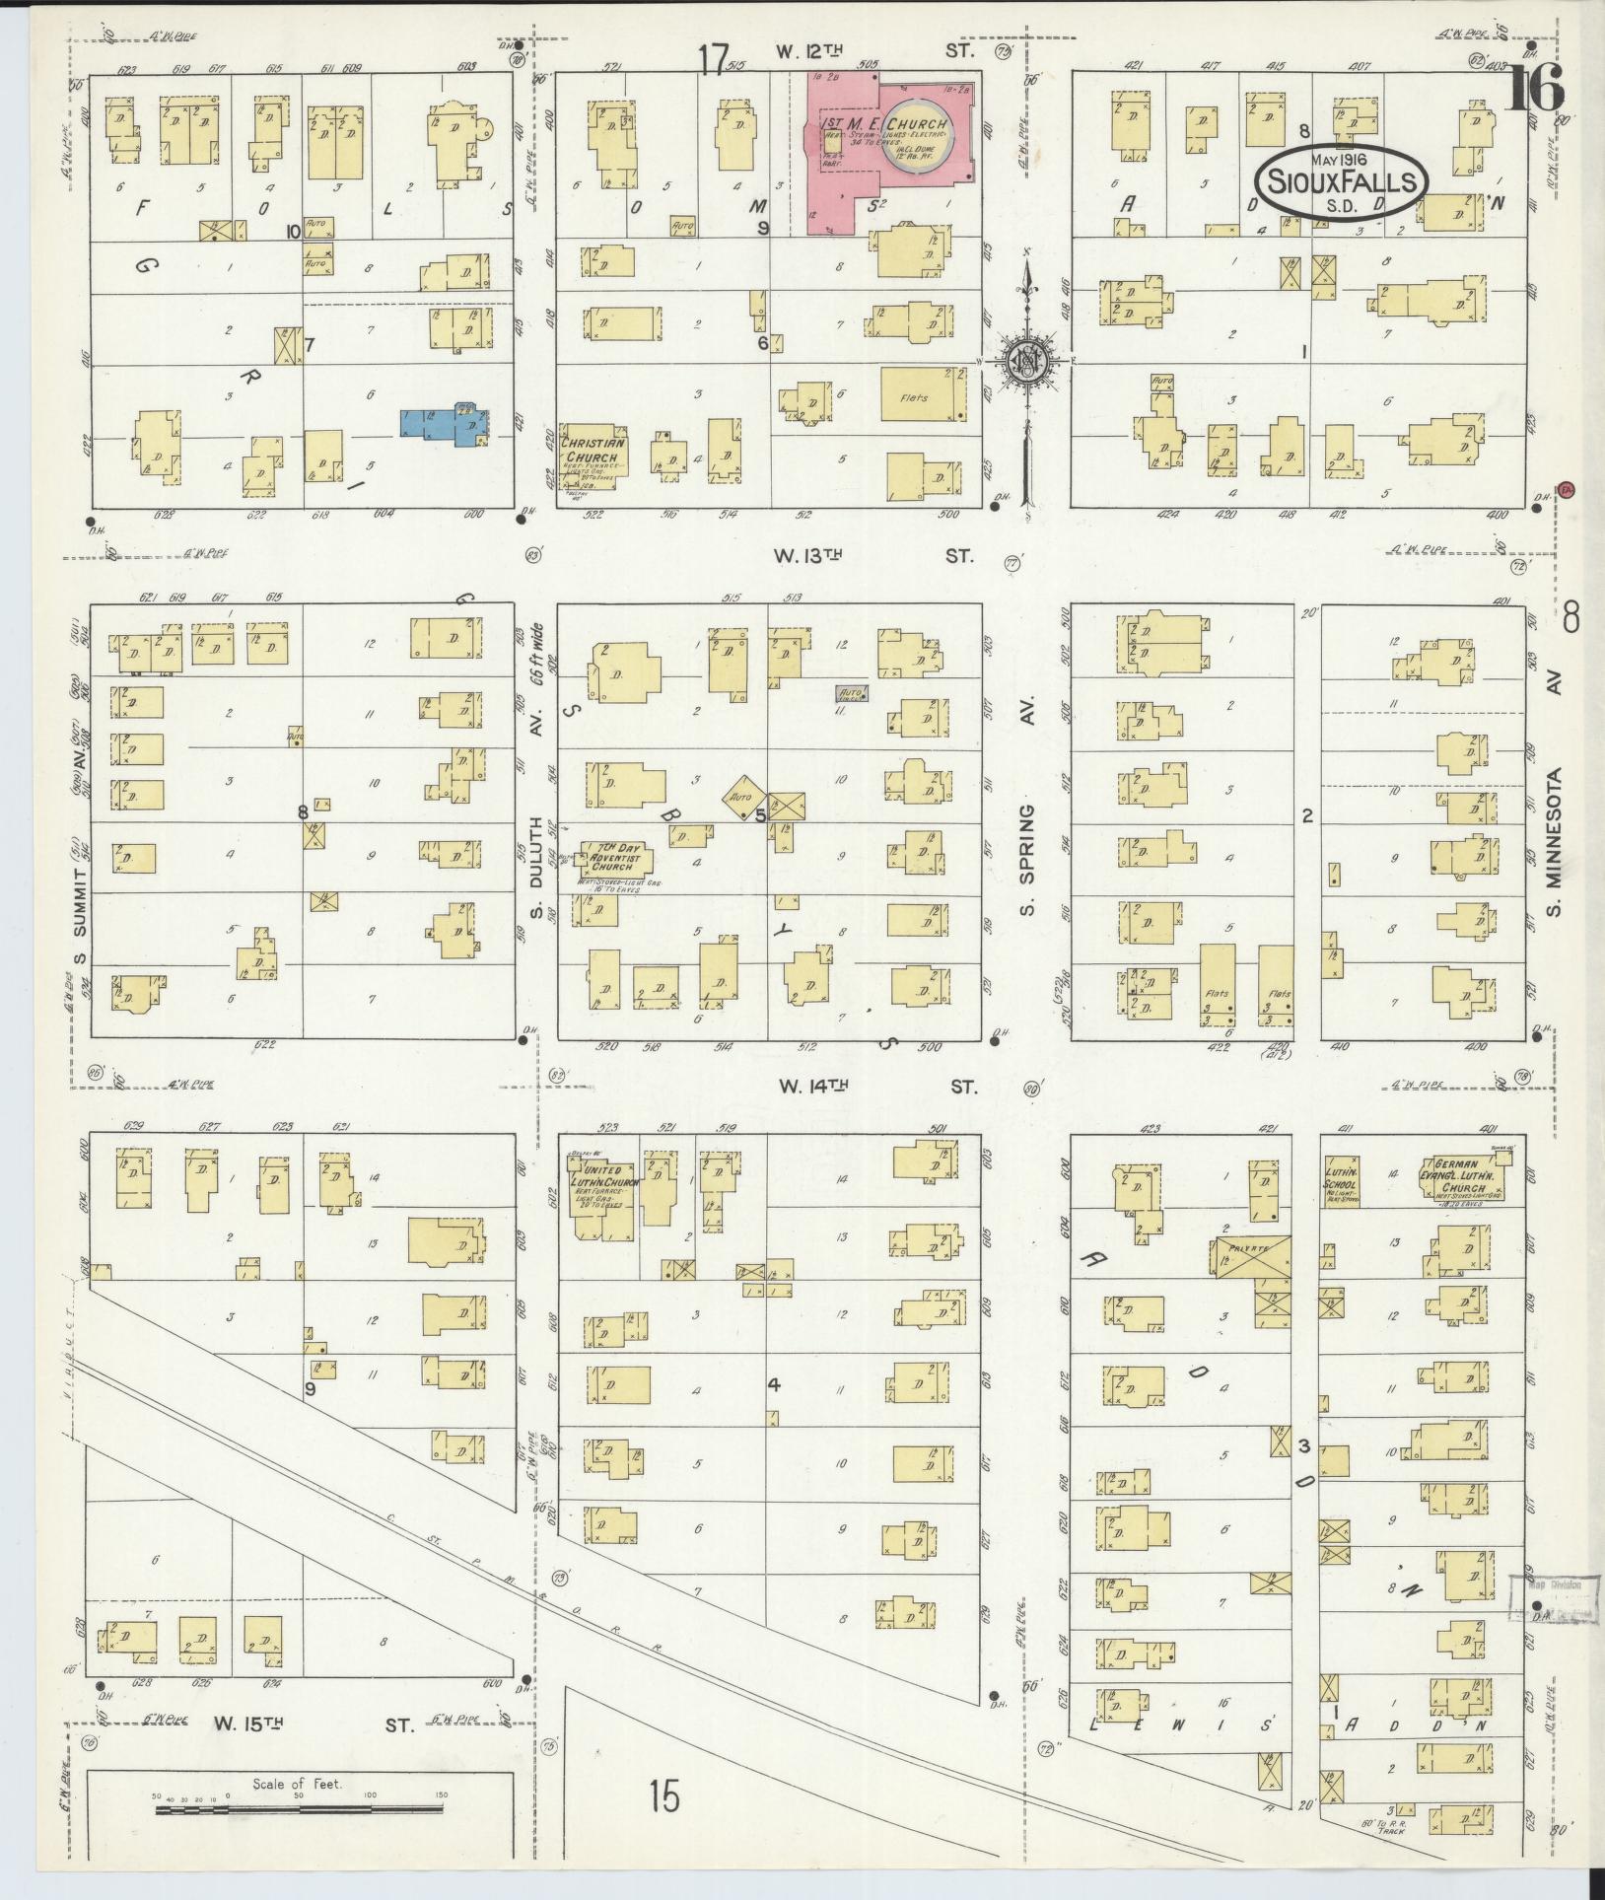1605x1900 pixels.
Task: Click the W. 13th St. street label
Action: (875, 556)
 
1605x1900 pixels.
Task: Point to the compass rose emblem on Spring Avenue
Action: (1025, 362)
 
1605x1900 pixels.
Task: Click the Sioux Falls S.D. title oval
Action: (1341, 180)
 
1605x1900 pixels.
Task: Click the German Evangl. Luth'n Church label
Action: (1461, 1178)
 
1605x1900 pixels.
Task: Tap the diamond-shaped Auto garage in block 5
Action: (744, 795)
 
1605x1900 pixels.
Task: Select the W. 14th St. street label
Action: (877, 1087)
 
